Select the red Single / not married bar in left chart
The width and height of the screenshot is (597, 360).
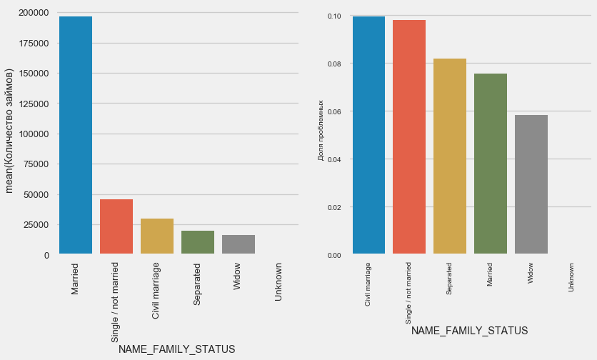click(116, 226)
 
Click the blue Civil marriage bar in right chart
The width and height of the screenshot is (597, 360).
click(368, 135)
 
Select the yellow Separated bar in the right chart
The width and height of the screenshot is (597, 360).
click(450, 156)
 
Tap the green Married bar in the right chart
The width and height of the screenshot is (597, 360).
click(491, 164)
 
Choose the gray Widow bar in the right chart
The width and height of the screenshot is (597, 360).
click(531, 184)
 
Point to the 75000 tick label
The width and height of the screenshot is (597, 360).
click(35, 164)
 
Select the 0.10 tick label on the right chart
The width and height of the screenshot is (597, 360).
click(333, 16)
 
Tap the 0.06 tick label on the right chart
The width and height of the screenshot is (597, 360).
click(333, 112)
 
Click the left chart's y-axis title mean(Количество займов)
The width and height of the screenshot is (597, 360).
click(10, 130)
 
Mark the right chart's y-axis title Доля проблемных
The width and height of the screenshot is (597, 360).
click(321, 130)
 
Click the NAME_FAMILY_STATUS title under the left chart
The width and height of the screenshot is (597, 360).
click(176, 349)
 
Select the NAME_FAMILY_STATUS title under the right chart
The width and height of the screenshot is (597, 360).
click(469, 331)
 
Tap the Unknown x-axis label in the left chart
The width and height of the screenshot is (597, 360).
click(279, 284)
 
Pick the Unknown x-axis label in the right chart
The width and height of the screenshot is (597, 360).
click(571, 277)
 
